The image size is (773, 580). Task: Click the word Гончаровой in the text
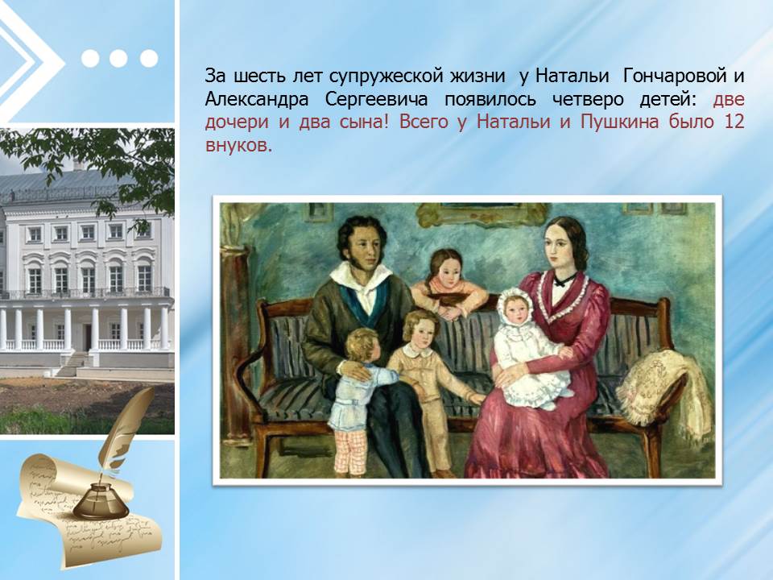tap(675, 77)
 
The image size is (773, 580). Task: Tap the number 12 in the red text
tap(734, 122)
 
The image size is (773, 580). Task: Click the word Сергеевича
tap(376, 100)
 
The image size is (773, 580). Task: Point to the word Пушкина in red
tap(620, 122)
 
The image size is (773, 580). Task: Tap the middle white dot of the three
tap(119, 58)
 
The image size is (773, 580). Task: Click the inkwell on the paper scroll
tap(100, 500)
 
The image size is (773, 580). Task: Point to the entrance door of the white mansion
tap(87, 337)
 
